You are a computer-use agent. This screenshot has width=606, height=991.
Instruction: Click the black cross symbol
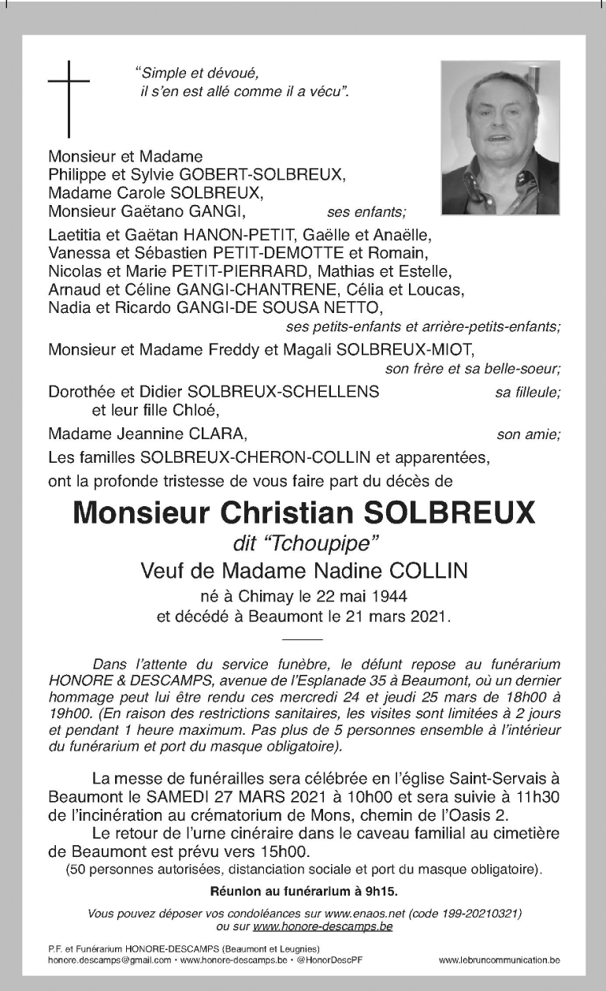(69, 99)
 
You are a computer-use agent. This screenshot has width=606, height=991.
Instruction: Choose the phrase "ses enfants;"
(366, 212)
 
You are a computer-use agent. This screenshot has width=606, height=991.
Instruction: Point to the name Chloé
(192, 411)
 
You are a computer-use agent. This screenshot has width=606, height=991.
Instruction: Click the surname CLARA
(221, 434)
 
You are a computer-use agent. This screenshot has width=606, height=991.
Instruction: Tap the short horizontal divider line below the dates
(302, 637)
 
